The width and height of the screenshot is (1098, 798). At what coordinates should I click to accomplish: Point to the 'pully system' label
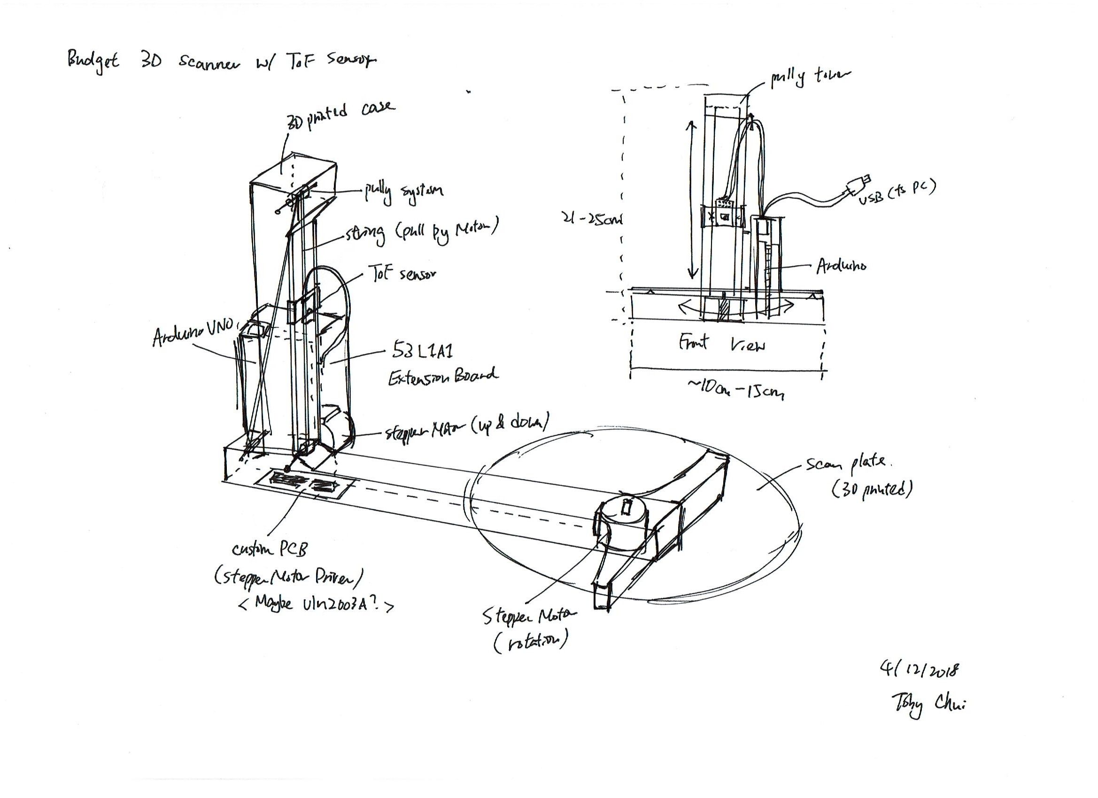404,192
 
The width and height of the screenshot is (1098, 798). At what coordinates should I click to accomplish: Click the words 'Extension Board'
442,376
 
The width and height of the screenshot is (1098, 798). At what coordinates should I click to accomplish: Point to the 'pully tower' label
810,78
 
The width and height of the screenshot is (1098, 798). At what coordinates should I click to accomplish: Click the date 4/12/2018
920,670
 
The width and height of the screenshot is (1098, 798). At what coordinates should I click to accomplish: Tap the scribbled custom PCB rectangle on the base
305,484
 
